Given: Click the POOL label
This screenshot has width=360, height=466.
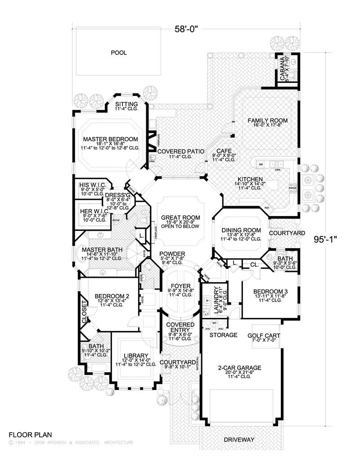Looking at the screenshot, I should (119, 53).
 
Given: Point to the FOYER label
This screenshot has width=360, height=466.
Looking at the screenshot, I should (180, 285).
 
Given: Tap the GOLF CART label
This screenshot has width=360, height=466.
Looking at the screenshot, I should (264, 336).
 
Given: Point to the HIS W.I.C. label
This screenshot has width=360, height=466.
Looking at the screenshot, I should (93, 185).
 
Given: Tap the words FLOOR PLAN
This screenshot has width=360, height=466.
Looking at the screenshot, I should (30, 435).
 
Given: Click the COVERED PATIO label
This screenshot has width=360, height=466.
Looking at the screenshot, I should (180, 151).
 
